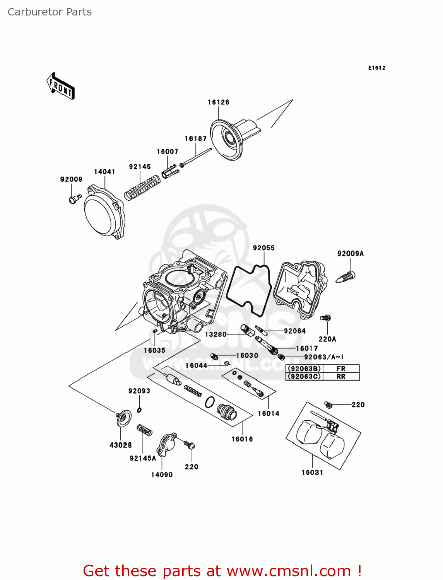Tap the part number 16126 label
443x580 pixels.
click(219, 102)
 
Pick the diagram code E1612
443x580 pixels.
click(376, 68)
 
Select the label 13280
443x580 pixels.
click(216, 334)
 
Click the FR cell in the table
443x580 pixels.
click(341, 369)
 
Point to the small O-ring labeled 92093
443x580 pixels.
click(139, 410)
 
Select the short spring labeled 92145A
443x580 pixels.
click(145, 430)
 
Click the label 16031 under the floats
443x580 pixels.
click(312, 473)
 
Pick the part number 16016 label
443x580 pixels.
click(242, 439)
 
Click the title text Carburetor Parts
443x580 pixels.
click(50, 12)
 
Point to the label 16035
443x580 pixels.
click(155, 350)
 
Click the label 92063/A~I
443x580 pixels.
click(323, 357)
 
